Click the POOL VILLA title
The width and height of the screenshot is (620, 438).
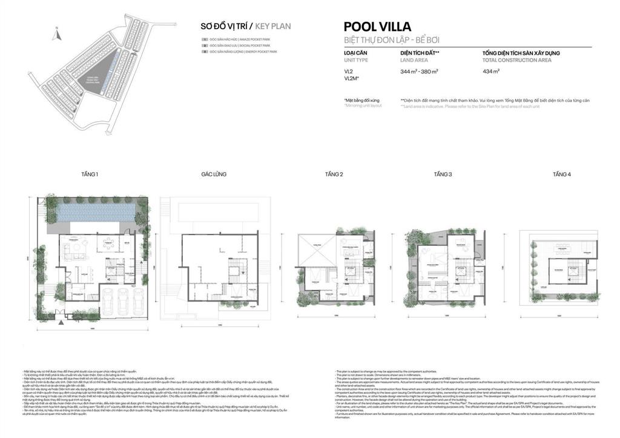pos(377,26)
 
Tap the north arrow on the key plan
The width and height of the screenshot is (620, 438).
pos(55,35)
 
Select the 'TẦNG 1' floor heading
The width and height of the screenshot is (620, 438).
pos(89,174)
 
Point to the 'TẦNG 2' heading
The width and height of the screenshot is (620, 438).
pos(334,174)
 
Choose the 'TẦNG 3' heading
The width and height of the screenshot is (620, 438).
pos(443,174)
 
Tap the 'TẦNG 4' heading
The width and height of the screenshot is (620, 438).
pos(561,174)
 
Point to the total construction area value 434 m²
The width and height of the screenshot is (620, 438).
pos(490,71)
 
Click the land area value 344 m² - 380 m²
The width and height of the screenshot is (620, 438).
pos(419,71)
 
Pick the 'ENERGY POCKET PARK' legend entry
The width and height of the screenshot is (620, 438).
pos(243,52)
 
